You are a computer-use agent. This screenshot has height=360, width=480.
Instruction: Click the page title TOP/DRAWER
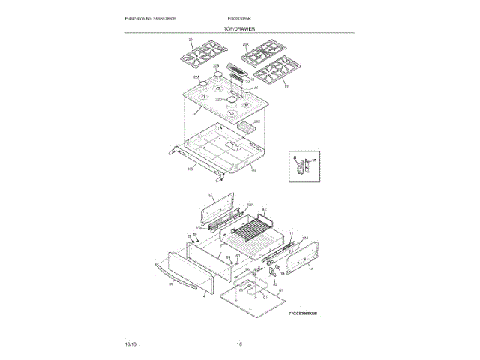coord(239,28)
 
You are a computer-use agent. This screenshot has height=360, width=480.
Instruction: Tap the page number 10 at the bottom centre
coord(239,343)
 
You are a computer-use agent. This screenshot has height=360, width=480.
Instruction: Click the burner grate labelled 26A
coord(259,54)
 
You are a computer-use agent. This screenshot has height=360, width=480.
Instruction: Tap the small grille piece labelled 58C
coord(246,128)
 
